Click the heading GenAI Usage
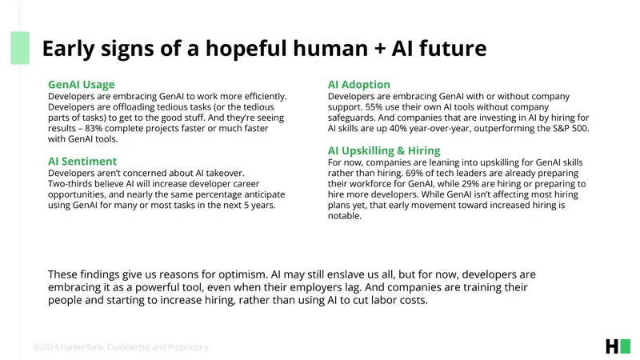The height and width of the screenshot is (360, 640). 82,85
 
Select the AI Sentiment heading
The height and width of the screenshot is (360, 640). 82,162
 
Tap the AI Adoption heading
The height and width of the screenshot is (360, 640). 358,85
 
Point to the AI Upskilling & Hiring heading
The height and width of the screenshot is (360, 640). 384,150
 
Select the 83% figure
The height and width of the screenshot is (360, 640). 94,128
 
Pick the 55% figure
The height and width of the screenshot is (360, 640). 374,107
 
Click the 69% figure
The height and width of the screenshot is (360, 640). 414,173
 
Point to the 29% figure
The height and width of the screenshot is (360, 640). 470,184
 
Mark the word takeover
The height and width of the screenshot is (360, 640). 225,173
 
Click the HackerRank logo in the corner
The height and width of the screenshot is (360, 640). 618,346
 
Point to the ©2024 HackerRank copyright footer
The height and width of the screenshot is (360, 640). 122,347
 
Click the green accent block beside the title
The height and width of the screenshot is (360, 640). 20,48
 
